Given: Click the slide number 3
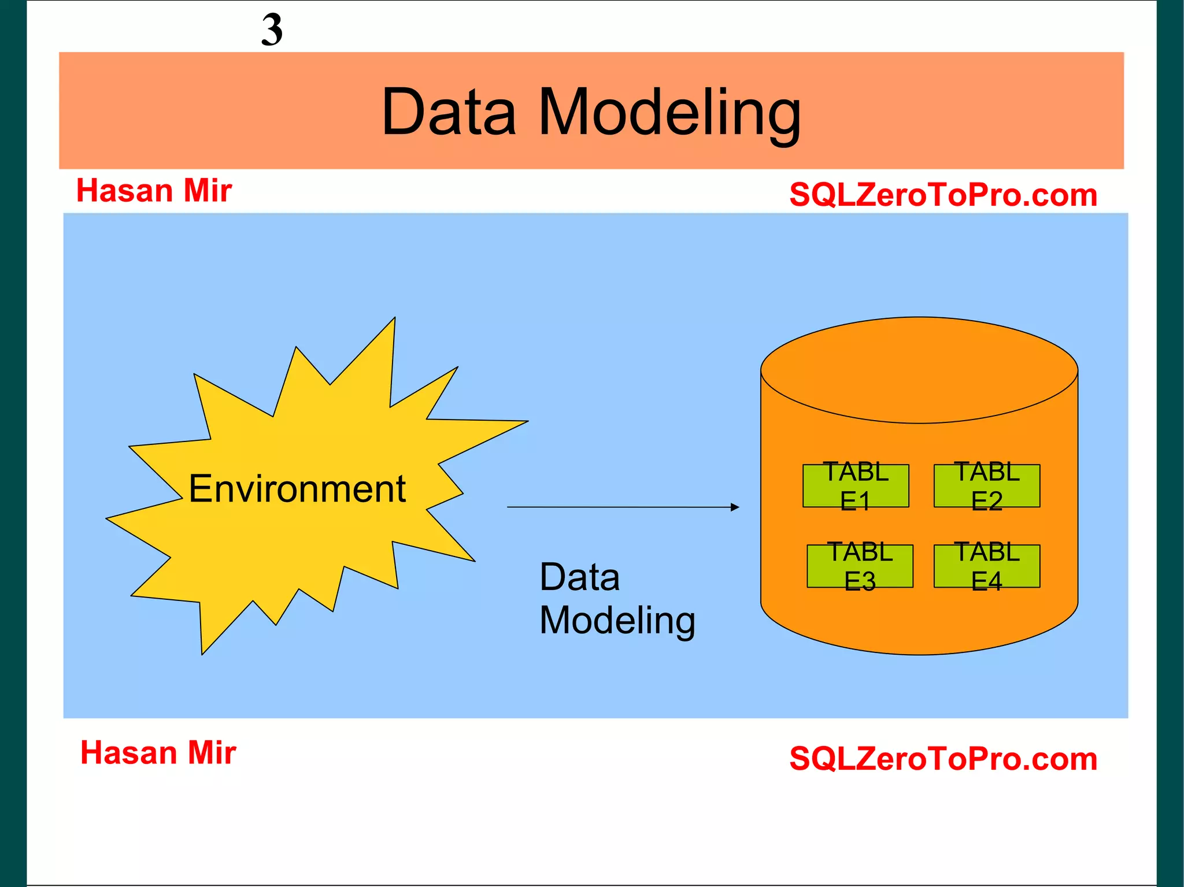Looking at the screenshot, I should (x=272, y=29).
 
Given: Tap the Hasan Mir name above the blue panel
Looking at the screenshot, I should (x=154, y=191).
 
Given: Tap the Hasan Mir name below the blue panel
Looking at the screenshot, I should (x=158, y=753).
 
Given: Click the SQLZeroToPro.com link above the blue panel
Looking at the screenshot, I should (x=943, y=195).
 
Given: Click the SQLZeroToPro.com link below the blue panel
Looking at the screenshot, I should (x=943, y=759).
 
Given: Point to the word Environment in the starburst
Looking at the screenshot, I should (x=297, y=489).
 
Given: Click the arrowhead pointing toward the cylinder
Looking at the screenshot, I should (x=735, y=507).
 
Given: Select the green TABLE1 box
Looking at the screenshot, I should (x=856, y=486).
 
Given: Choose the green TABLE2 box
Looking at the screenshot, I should (x=987, y=486).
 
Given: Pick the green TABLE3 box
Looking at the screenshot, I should (x=860, y=566).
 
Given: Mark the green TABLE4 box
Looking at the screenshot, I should (x=987, y=566).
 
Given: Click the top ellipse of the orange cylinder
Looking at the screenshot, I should (x=919, y=370).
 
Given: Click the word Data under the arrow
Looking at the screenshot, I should (x=579, y=577).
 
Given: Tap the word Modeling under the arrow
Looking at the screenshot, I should (x=617, y=621).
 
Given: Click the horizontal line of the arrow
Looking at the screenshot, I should (x=619, y=507).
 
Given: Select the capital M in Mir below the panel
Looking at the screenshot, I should (x=200, y=753).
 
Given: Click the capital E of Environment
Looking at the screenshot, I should (x=201, y=489).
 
